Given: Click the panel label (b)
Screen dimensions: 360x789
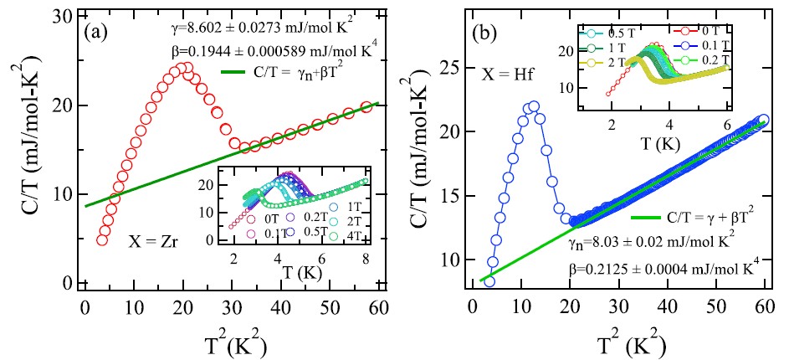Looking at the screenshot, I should point(488,37).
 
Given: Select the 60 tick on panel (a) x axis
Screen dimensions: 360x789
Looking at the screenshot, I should point(383,299).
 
